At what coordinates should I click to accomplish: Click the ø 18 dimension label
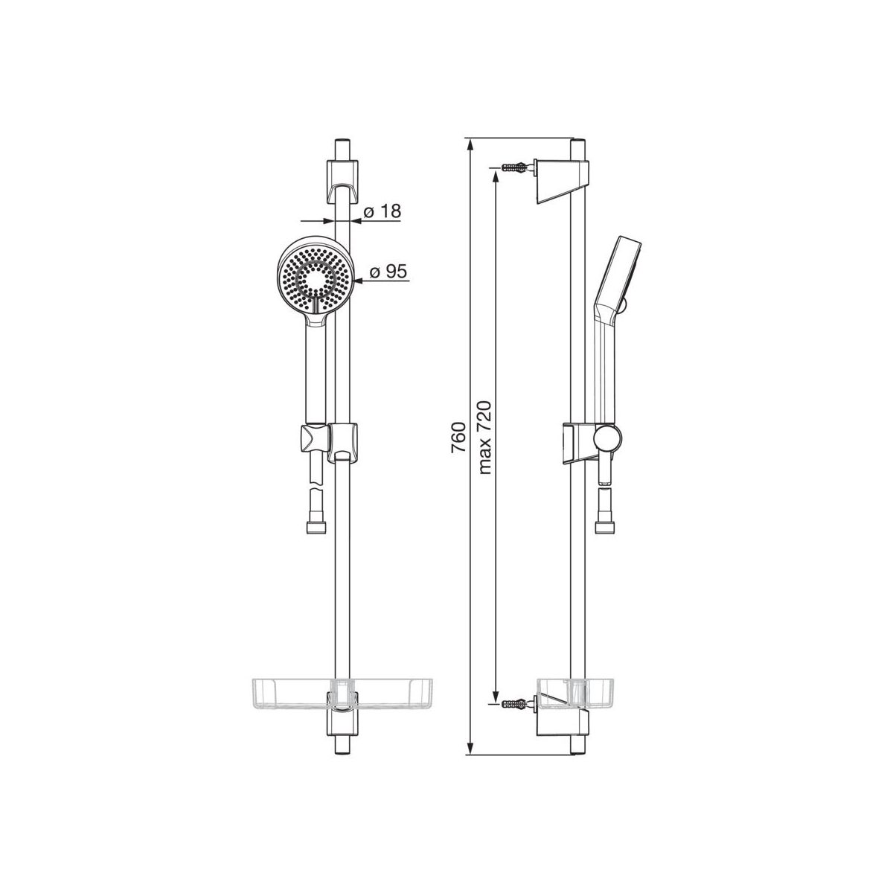point(382,211)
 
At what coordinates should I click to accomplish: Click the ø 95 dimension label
point(388,272)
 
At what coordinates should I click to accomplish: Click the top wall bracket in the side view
point(562,182)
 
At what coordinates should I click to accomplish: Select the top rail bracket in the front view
point(342,182)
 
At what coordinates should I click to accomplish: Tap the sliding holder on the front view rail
point(330,443)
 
